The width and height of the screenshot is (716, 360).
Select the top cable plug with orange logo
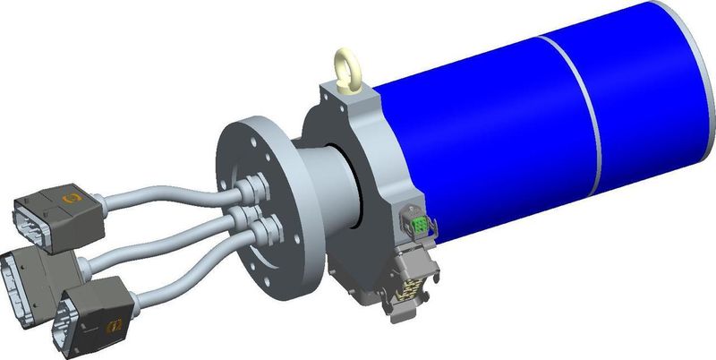(x=52, y=204)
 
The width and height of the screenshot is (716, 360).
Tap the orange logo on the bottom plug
(x=115, y=322)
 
